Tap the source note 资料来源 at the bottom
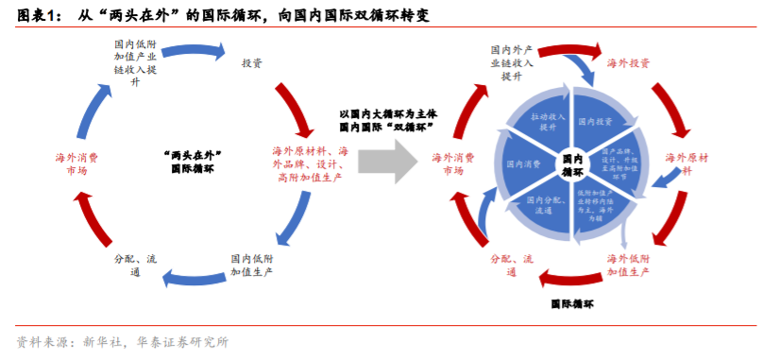click(123, 341)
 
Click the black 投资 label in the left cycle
click(252, 63)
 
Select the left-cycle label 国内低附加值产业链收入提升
click(135, 62)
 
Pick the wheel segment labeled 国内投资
click(596, 122)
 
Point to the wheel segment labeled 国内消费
click(521, 163)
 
